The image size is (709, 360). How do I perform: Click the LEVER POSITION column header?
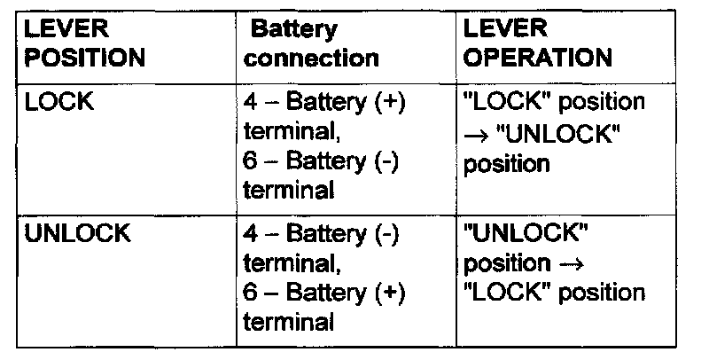[84, 44]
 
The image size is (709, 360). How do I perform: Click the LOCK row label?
[60, 102]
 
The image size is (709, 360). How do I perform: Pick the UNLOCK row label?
[79, 235]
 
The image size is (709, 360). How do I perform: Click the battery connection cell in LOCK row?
[323, 145]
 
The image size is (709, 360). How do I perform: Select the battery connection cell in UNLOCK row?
[323, 278]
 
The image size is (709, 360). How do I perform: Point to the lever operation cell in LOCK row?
[554, 132]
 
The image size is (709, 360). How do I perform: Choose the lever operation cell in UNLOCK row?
[554, 263]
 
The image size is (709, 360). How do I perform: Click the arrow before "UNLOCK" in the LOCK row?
[474, 133]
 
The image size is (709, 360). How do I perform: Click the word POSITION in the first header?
[84, 59]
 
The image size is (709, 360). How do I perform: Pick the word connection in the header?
[312, 59]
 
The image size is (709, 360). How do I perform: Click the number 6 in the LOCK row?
[250, 161]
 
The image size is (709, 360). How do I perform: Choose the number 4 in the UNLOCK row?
[250, 236]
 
